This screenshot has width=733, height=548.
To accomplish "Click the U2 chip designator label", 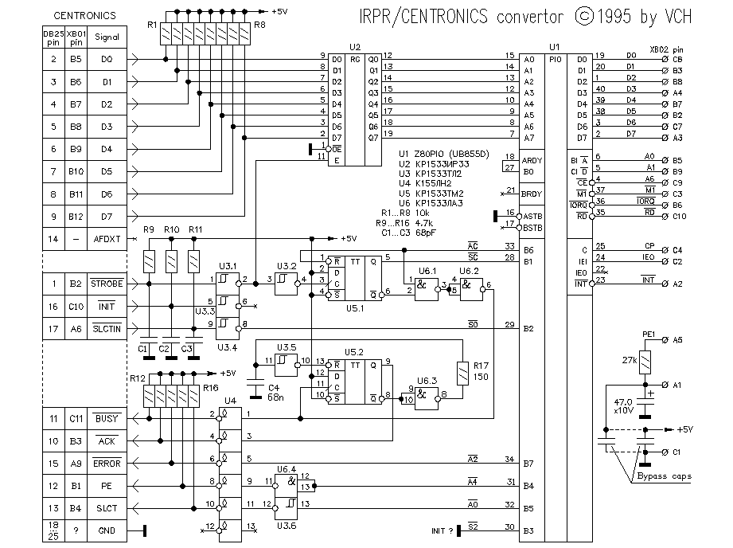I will pyautogui.click(x=354, y=48).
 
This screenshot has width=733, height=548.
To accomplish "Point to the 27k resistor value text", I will pyautogui.click(x=630, y=359).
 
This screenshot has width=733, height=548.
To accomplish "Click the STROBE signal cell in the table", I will pyautogui.click(x=107, y=283).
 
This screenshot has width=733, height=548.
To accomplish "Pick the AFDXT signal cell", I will pyautogui.click(x=107, y=238).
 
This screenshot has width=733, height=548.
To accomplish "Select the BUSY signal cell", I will pyautogui.click(x=107, y=417).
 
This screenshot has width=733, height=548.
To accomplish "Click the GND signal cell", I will pyautogui.click(x=107, y=530).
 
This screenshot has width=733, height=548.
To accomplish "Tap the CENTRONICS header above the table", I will pyautogui.click(x=84, y=15).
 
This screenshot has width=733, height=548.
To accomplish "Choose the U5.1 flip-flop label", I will pyautogui.click(x=354, y=307).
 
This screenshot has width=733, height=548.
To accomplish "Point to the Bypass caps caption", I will pyautogui.click(x=664, y=476).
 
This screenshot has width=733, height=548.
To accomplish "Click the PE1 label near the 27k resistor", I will pyautogui.click(x=649, y=334).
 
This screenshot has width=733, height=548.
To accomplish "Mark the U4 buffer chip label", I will pyautogui.click(x=230, y=400).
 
